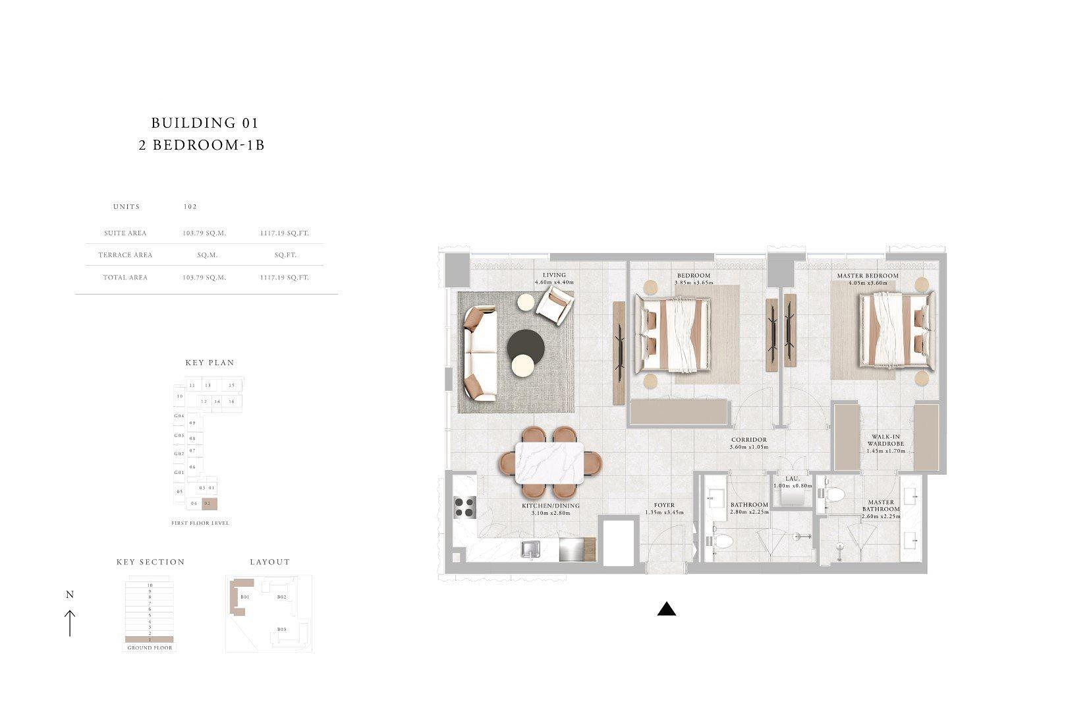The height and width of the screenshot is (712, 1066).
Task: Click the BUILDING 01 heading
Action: [x=204, y=123]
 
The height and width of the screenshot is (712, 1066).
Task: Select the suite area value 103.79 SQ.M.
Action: [x=204, y=233]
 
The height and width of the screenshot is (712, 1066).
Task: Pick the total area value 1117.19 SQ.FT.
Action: [x=284, y=278]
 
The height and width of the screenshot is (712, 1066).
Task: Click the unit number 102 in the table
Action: [x=190, y=206]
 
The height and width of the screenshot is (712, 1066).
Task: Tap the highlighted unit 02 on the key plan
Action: [x=209, y=504]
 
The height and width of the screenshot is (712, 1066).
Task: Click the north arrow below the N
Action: [x=70, y=623]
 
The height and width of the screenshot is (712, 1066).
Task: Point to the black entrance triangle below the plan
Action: [x=666, y=609]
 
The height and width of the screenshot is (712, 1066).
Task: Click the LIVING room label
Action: [x=554, y=275]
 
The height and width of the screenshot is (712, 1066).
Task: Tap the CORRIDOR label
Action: [x=748, y=440]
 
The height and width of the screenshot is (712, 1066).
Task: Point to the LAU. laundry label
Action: [x=792, y=479]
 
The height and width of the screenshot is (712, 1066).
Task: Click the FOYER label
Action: [x=659, y=506]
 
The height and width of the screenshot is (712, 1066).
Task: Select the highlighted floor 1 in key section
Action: [x=150, y=639]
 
